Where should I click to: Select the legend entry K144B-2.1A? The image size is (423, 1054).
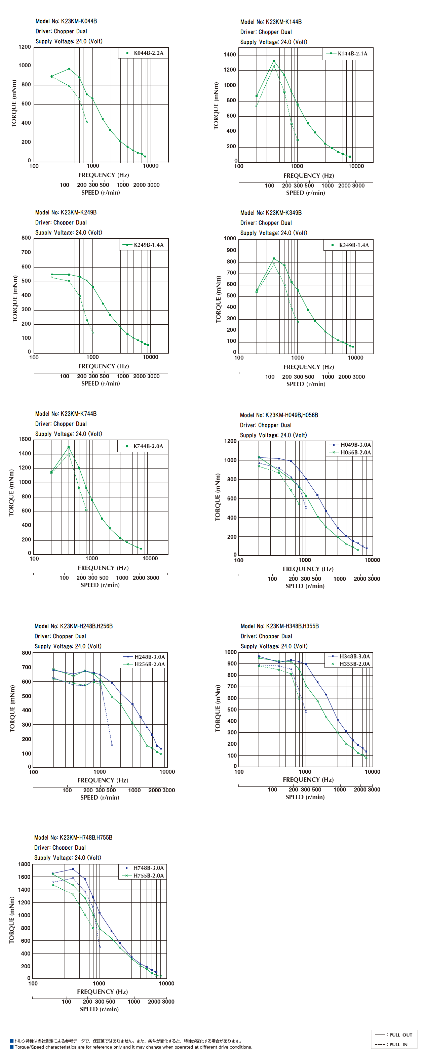(348, 53)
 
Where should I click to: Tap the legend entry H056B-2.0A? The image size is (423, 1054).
(350, 452)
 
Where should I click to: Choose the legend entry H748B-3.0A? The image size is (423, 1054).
(143, 867)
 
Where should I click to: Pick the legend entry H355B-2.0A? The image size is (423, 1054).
(349, 664)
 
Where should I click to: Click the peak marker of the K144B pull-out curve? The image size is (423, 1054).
(273, 61)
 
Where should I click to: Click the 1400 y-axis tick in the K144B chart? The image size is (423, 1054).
(230, 54)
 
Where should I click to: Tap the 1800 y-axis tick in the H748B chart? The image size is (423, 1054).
(24, 864)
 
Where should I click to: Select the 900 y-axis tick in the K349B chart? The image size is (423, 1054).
(231, 250)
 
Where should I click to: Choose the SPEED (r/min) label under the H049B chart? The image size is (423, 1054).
(305, 586)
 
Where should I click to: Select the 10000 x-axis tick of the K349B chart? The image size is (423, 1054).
(355, 358)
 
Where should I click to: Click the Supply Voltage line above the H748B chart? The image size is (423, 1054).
(68, 858)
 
